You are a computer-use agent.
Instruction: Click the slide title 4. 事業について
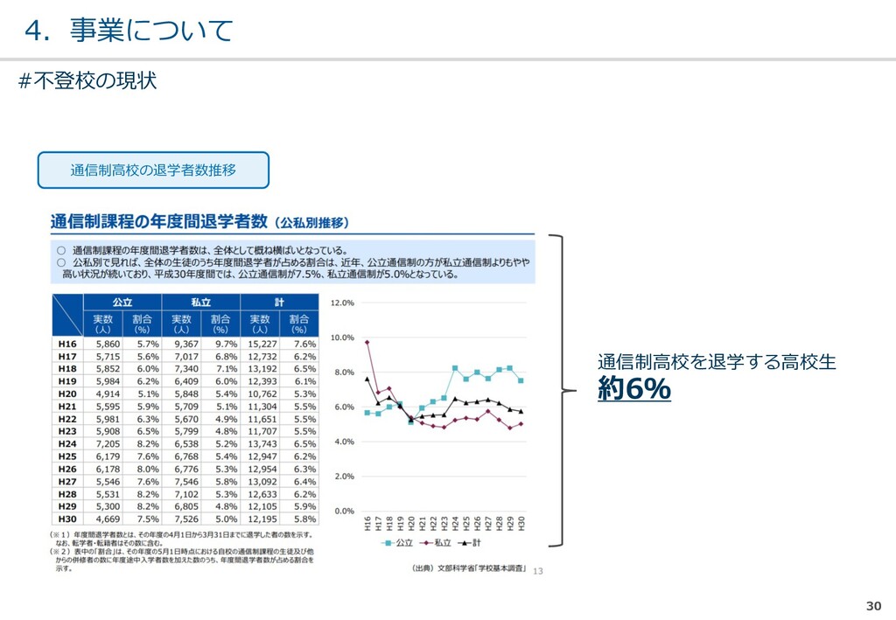tap(129, 31)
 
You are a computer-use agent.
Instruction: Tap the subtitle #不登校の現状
tap(87, 81)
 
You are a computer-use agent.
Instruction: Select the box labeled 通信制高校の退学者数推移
tap(153, 170)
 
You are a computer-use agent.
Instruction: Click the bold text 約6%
tap(634, 389)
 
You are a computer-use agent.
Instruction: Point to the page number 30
tap(873, 606)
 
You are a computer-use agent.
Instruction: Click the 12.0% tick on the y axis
tap(342, 303)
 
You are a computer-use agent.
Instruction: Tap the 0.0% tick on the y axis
tap(344, 511)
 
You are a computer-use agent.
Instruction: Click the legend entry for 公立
tap(399, 543)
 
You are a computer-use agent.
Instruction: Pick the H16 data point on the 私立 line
tap(367, 342)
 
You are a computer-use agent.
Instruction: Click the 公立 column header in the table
tap(122, 303)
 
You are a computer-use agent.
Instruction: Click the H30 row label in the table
tap(66, 518)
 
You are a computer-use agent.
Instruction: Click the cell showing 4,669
tap(103, 518)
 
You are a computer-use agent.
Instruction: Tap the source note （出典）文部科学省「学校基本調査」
tap(469, 569)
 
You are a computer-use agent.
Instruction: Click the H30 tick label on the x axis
tap(521, 525)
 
